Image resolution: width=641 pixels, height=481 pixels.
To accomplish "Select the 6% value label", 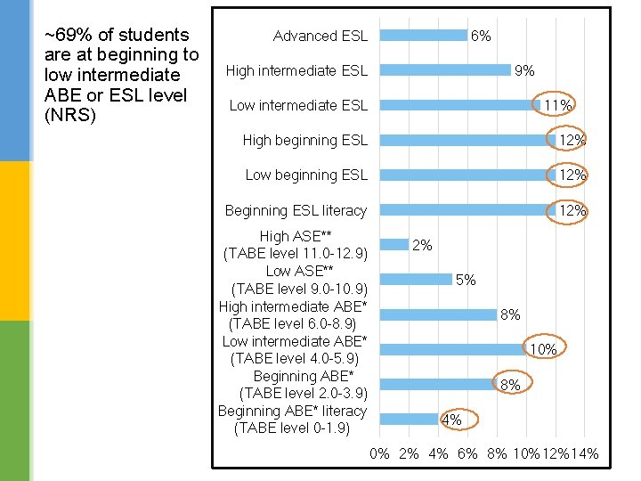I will click(481, 36).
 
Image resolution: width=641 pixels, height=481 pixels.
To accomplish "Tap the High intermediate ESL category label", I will click(296, 70).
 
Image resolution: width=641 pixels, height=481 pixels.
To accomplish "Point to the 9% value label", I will click(525, 70).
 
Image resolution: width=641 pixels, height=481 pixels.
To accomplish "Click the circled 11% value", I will click(557, 105).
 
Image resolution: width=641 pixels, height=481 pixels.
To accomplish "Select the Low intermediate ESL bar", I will click(456, 105).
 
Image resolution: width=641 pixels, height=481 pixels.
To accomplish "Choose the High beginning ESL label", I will click(304, 140).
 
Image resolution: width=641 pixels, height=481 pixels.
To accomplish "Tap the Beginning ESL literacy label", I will click(296, 210).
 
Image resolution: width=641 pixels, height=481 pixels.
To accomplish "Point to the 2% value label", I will click(422, 245).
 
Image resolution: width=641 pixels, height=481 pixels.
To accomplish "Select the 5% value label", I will click(465, 280).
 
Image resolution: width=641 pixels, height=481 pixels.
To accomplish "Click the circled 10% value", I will click(543, 350).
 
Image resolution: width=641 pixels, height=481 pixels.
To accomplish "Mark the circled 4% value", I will click(451, 420).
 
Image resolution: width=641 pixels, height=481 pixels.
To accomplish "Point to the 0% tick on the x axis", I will click(380, 454).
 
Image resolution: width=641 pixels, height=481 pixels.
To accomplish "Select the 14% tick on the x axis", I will click(584, 454).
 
